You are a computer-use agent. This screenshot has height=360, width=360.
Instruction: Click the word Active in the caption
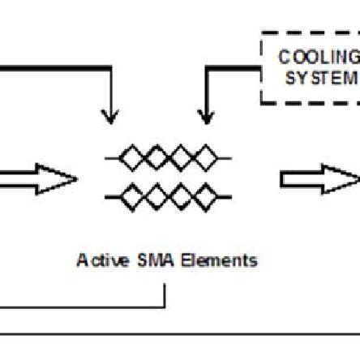pos(98,260)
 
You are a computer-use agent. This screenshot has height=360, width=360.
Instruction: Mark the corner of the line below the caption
pos(165,307)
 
